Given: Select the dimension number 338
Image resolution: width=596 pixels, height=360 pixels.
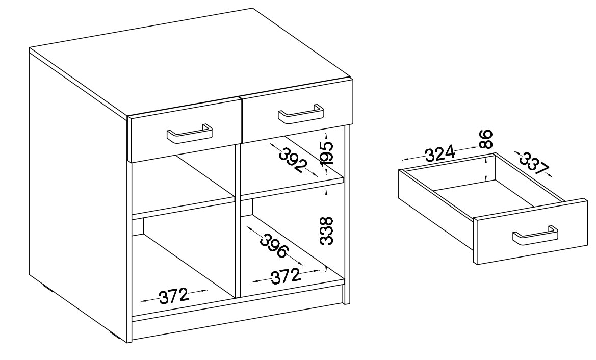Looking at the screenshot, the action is pyautogui.click(x=326, y=231).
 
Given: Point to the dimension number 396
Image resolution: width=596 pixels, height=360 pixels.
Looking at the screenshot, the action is pyautogui.click(x=274, y=246).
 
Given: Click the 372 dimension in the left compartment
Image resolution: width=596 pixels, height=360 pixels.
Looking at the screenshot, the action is pyautogui.click(x=174, y=296).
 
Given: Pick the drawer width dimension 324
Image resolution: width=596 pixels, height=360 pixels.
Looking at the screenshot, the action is pyautogui.click(x=440, y=153).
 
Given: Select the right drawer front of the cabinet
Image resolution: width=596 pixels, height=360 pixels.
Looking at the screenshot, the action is pyautogui.click(x=297, y=110).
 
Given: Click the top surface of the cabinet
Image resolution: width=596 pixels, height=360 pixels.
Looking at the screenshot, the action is pyautogui.click(x=190, y=61).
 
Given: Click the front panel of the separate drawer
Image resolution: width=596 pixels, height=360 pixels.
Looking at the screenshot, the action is pyautogui.click(x=531, y=232).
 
